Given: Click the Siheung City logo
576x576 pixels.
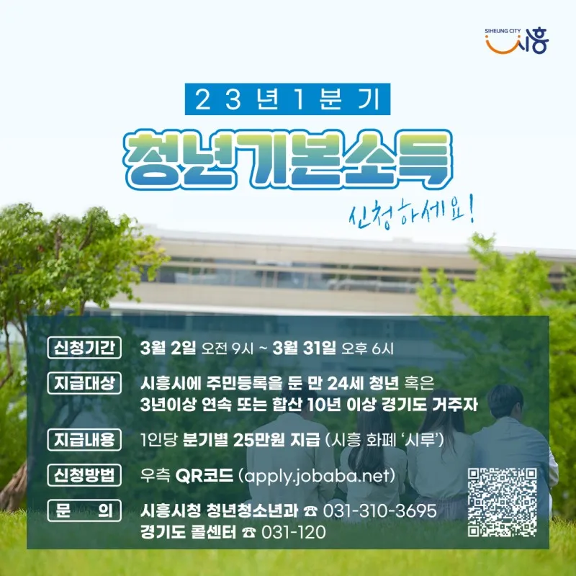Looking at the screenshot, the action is (x=516, y=41).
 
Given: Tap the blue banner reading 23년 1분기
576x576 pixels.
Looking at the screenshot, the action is (x=287, y=99).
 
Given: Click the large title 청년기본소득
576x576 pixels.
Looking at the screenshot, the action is (x=288, y=159).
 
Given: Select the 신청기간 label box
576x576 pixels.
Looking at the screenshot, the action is (x=84, y=348).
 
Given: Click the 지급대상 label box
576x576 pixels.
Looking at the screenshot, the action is (x=84, y=383).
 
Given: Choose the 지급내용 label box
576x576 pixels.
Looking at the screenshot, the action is (x=84, y=439).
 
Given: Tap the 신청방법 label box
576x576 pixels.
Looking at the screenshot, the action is (x=84, y=475).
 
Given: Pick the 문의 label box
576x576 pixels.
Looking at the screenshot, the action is (x=84, y=510).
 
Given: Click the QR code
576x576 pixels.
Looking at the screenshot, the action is (x=502, y=502).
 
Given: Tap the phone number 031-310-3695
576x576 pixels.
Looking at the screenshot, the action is (x=380, y=510).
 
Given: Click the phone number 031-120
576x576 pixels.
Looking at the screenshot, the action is (x=294, y=532).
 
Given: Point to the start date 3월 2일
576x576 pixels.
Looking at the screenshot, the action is (x=168, y=348).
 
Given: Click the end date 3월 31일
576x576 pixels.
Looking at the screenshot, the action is (x=304, y=348).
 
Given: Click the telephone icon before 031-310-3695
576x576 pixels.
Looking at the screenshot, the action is (x=311, y=511).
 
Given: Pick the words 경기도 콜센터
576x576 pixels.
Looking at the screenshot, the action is (x=188, y=532).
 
